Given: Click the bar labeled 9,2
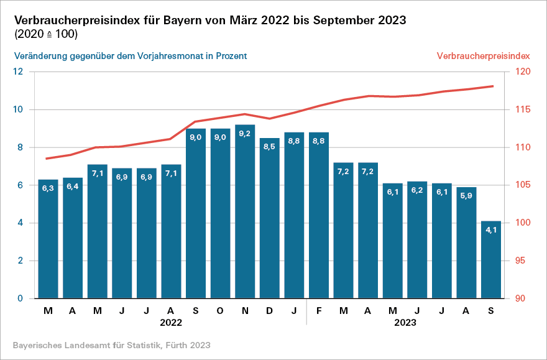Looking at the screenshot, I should click(x=245, y=211).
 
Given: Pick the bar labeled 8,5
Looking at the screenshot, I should click(x=270, y=218).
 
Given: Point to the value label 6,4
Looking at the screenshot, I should click(x=73, y=187).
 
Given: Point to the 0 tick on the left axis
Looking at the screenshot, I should click(x=20, y=298).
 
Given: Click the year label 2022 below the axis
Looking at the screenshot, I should click(x=170, y=323).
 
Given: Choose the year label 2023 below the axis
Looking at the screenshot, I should click(x=405, y=323).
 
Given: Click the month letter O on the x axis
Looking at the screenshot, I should click(x=220, y=310).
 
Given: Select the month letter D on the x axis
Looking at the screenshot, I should click(x=270, y=310).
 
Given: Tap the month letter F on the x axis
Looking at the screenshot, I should click(x=319, y=310).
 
